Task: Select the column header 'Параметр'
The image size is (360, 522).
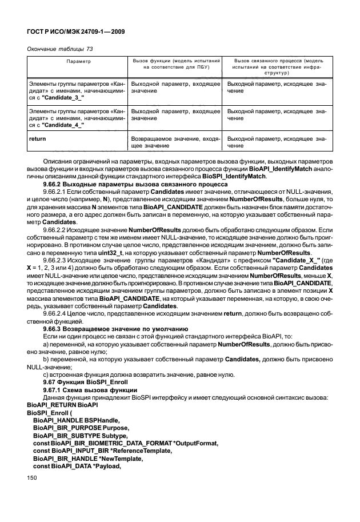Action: [78, 60]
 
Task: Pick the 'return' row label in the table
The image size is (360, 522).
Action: [38, 138]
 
